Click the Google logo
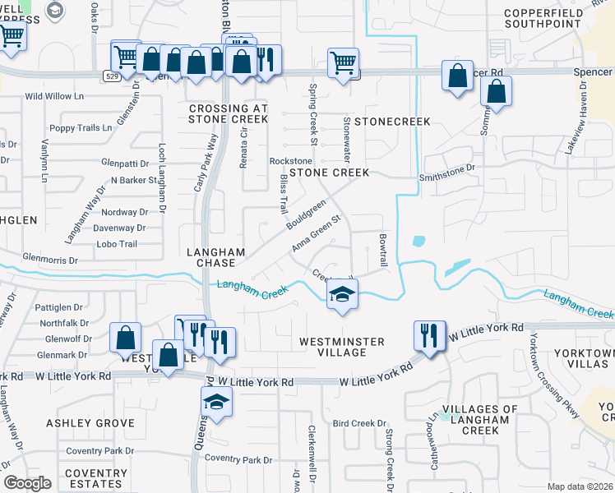click(x=26, y=483)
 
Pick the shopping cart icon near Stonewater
click(x=343, y=62)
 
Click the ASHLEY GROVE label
click(x=90, y=422)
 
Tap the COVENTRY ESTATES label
click(x=95, y=479)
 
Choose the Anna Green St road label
click(x=316, y=235)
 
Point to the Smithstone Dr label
click(x=447, y=168)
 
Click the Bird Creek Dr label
click(x=359, y=423)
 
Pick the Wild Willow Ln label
click(x=55, y=96)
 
